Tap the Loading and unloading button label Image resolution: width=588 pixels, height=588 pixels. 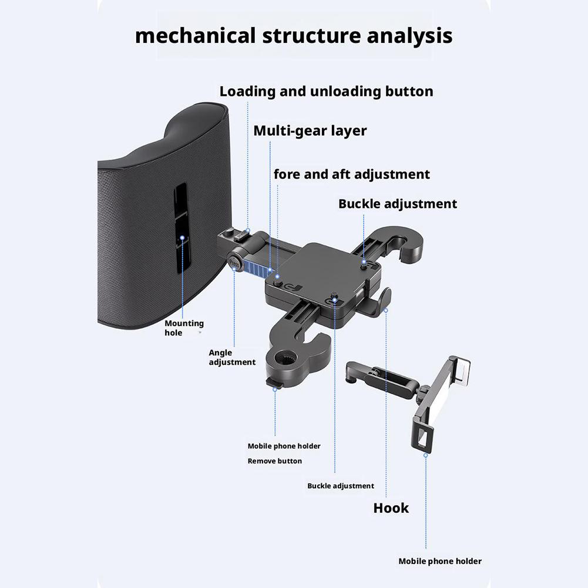tap(326, 92)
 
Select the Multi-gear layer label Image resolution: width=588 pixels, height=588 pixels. tap(310, 130)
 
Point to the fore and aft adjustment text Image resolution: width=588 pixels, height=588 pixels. tap(351, 174)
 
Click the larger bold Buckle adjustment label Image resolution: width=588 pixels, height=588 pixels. tap(397, 204)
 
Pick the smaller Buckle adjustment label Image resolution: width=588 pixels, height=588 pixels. tap(340, 486)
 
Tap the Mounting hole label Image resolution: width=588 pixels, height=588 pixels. tap(184, 328)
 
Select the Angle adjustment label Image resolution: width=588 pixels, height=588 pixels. tap(232, 357)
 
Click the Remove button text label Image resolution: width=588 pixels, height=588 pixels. tap(274, 461)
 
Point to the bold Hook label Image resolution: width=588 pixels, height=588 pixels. tap(391, 508)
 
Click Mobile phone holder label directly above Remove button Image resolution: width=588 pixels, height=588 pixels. tap(284, 446)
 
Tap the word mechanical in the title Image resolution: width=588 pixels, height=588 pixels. tap(194, 35)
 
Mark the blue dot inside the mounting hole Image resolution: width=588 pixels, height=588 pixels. tap(183, 238)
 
